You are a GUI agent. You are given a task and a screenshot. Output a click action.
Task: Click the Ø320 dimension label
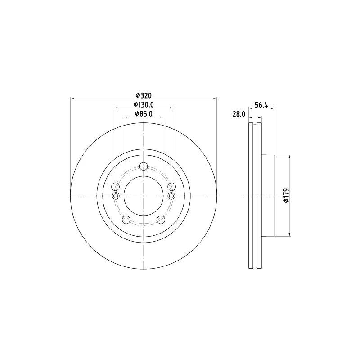coord(144,95)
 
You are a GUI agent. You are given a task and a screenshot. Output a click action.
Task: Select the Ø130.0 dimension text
coord(144,105)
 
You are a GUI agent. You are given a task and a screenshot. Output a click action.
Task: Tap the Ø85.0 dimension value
coord(144,114)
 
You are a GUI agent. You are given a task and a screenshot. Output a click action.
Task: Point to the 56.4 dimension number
coord(261,105)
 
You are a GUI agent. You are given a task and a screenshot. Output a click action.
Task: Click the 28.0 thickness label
coord(239,114)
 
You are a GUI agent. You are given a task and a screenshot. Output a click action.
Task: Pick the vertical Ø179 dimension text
coord(286,196)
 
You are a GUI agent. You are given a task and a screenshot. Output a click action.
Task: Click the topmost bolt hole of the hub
coord(144,166)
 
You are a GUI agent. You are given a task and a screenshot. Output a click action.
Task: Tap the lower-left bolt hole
coord(126,220)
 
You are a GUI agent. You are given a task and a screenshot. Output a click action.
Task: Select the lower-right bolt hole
coord(161,220)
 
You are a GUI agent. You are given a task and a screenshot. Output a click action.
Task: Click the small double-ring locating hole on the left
coord(116,196)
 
